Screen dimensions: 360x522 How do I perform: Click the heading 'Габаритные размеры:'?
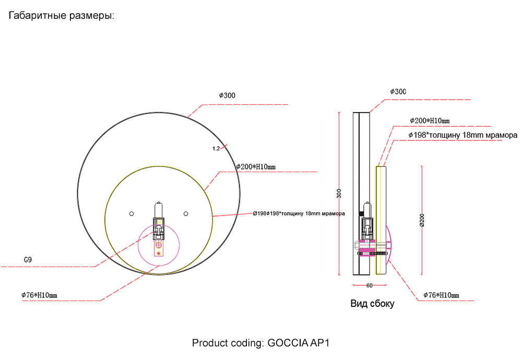tap(61, 16)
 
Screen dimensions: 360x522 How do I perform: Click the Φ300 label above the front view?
tap(227, 95)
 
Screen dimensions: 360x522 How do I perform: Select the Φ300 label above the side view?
tap(398, 92)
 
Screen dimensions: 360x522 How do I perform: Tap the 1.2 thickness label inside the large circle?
tap(216, 149)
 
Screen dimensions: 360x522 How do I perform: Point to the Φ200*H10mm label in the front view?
tap(256, 167)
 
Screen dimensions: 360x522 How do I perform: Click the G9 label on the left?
tap(29, 259)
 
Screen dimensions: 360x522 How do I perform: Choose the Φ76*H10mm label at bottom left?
tap(39, 295)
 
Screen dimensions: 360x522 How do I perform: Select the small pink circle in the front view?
tap(159, 245)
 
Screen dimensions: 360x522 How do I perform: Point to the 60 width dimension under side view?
tap(369, 285)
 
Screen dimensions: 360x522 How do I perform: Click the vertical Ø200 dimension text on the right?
tap(422, 221)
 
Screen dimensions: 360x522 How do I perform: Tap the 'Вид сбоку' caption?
tap(372, 304)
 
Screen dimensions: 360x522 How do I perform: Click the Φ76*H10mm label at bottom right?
tap(441, 295)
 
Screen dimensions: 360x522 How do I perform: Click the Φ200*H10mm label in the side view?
tap(430, 121)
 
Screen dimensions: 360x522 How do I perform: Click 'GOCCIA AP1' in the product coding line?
tap(299, 343)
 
